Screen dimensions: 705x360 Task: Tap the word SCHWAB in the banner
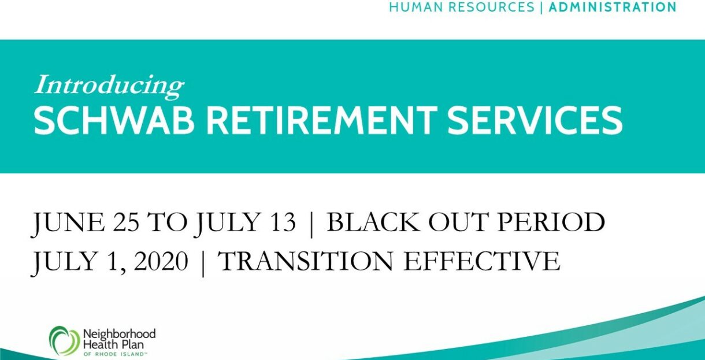point(114,120)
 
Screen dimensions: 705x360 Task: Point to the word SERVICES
point(535,120)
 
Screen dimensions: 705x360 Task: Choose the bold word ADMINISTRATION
point(613,8)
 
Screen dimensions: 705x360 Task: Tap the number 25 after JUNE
point(126,222)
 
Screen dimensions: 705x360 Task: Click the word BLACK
point(373,222)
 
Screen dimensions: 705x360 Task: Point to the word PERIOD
point(551,222)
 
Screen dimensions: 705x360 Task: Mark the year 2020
point(161,262)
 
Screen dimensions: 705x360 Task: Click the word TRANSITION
point(305,262)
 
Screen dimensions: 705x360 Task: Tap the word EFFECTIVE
point(482,262)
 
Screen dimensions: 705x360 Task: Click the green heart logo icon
point(65,341)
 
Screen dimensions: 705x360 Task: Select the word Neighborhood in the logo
point(119,334)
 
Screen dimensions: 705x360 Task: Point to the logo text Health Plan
point(113,344)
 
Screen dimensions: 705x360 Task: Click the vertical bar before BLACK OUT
point(311,224)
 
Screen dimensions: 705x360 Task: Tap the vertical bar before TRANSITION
point(203,263)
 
